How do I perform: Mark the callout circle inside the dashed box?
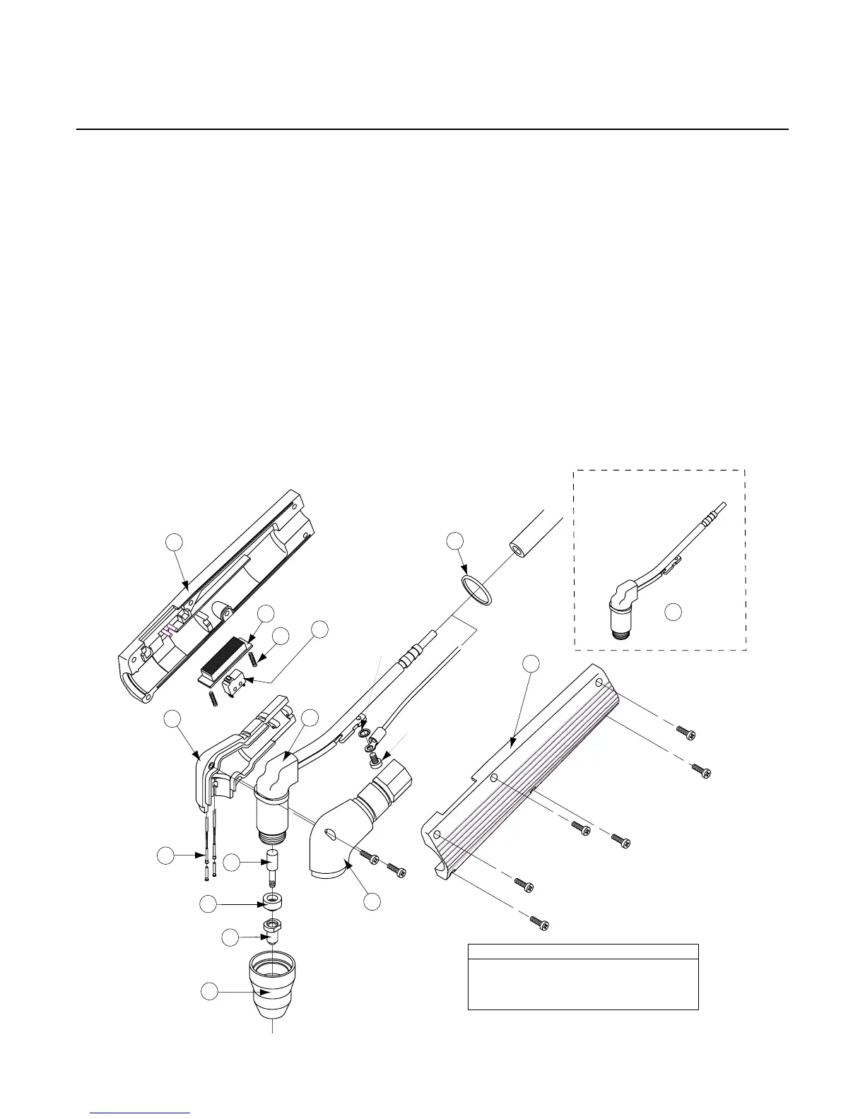[673, 612]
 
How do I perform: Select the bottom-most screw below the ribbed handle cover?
[540, 921]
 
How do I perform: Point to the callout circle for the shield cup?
[209, 992]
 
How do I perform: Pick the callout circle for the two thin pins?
[165, 855]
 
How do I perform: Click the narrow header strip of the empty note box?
[583, 951]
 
